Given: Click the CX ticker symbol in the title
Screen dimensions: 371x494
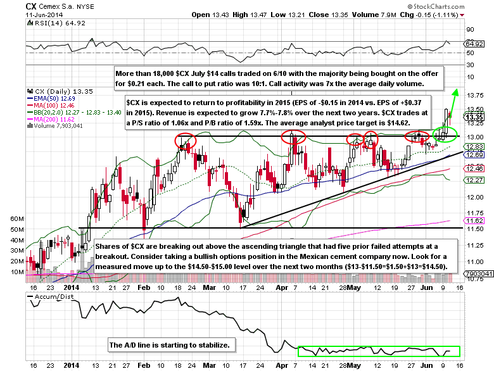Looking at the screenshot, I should (x=13, y=6).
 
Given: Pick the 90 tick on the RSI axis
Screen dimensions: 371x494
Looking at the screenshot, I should (x=470, y=30).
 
